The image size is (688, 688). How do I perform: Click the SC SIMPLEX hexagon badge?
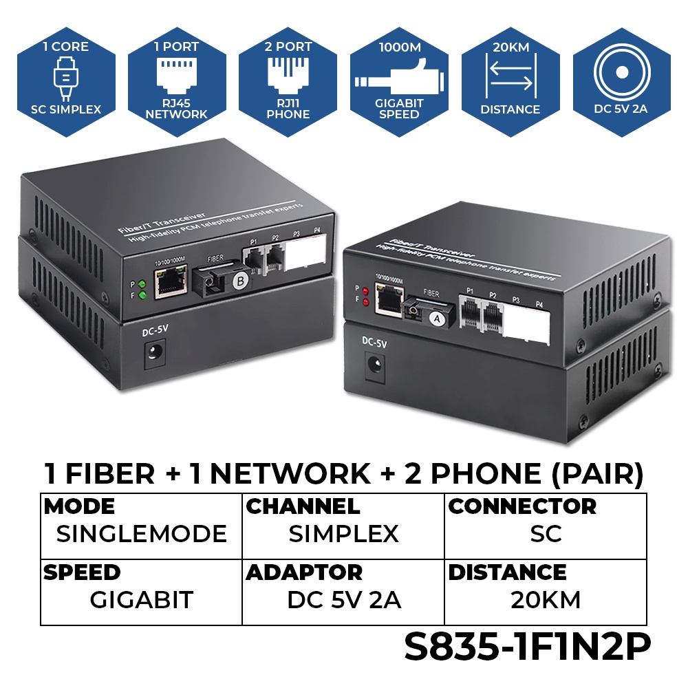pyautogui.click(x=66, y=82)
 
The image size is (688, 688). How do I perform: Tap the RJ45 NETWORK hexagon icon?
pyautogui.click(x=177, y=82)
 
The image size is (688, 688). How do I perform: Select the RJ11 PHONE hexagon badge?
pyautogui.click(x=288, y=82)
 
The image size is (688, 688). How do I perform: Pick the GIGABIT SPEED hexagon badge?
pyautogui.click(x=399, y=82)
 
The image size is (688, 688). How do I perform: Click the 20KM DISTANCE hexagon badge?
pyautogui.click(x=510, y=82)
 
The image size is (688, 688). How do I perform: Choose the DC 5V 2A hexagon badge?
pyautogui.click(x=621, y=82)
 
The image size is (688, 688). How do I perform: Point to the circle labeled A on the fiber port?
pyautogui.click(x=435, y=318)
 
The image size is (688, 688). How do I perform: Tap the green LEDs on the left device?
pyautogui.click(x=142, y=290)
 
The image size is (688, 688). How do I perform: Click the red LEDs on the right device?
pyautogui.click(x=365, y=295)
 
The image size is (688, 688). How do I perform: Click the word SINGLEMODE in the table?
pyautogui.click(x=141, y=534)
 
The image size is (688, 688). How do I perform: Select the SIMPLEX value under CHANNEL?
pyautogui.click(x=343, y=534)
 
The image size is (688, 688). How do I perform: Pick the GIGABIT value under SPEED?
pyautogui.click(x=141, y=600)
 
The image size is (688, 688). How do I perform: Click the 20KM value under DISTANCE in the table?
pyautogui.click(x=546, y=600)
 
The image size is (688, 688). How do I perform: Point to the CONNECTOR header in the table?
pyautogui.click(x=522, y=506)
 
